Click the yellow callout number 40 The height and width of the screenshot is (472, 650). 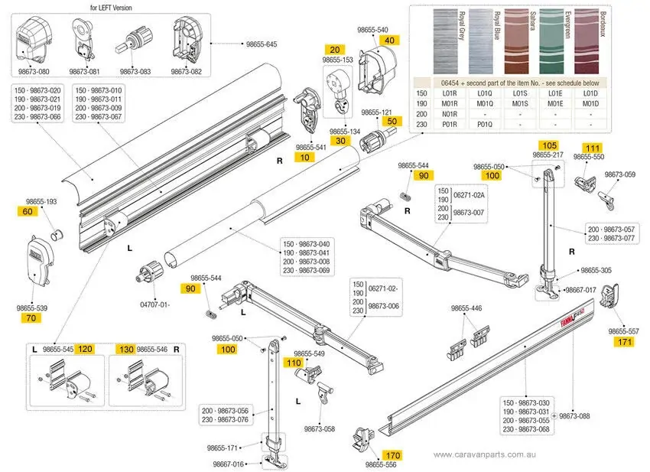(x=389, y=40)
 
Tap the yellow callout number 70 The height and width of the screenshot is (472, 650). (x=30, y=317)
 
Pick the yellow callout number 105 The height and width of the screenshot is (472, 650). (x=549, y=145)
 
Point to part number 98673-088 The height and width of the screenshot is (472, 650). (x=575, y=415)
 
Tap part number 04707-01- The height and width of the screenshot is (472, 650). (x=154, y=304)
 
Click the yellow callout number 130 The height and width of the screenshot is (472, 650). (x=125, y=349)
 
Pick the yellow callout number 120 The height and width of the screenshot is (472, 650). (x=85, y=349)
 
